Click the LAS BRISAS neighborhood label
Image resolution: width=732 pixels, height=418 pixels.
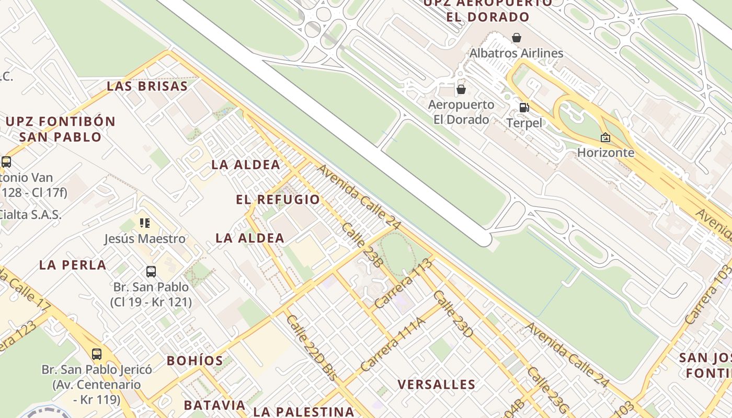(147, 86)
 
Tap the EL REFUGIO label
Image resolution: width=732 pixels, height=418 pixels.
(278, 200)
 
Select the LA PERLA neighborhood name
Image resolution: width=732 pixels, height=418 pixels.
(73, 265)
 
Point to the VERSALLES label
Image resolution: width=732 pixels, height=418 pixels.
(437, 385)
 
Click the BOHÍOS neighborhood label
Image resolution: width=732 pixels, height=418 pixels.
(195, 361)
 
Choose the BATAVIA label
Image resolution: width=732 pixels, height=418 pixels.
(214, 405)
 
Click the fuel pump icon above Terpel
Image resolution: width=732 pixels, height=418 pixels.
(524, 108)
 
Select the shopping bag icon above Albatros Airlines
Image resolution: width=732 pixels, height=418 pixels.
(517, 38)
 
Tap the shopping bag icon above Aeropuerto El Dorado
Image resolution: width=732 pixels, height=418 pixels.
(461, 89)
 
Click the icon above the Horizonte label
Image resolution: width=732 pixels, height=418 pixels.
(605, 137)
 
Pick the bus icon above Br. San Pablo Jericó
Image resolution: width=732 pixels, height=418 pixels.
(97, 354)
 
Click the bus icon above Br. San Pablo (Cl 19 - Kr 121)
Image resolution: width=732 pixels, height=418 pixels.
(151, 271)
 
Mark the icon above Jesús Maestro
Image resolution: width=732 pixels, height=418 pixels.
(145, 224)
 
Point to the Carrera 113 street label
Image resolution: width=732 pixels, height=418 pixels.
(404, 283)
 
